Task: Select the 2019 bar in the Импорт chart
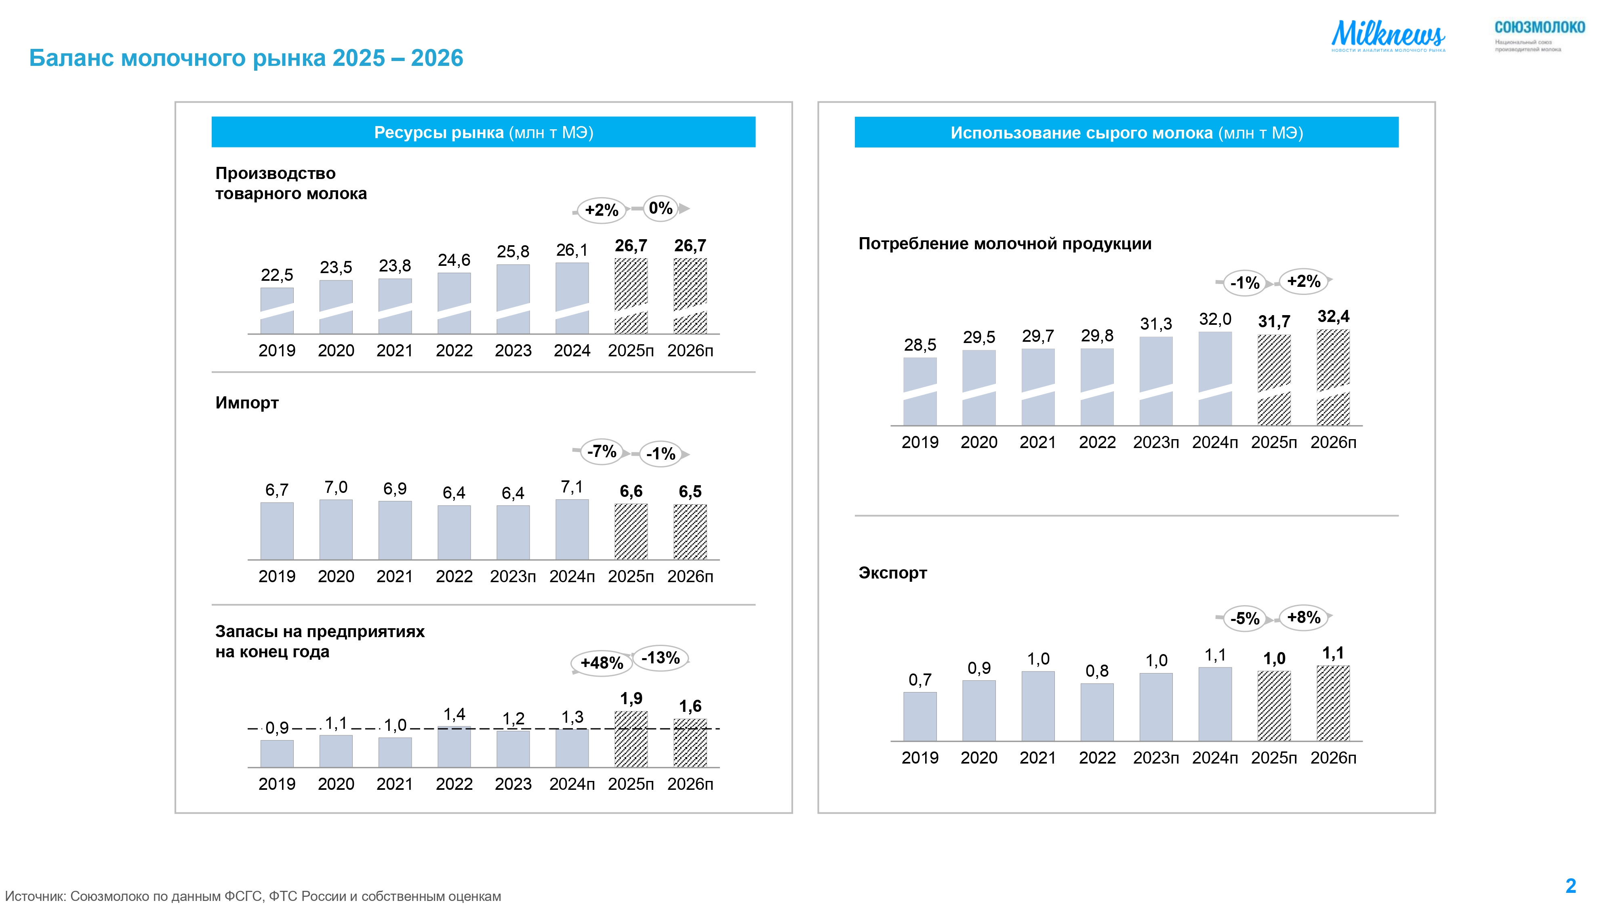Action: [277, 531]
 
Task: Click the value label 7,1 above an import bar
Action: [572, 487]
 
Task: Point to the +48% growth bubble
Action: [601, 663]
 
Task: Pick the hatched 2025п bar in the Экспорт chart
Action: [1274, 706]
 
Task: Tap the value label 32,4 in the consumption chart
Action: [1333, 316]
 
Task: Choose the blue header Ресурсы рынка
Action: [483, 133]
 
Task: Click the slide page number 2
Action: [1570, 886]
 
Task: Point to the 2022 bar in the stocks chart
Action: [454, 747]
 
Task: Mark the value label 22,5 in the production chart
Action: [277, 275]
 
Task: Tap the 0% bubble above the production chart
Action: [661, 208]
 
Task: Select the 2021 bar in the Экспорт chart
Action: [1037, 706]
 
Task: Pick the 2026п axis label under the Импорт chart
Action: [690, 577]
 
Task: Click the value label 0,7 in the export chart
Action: [920, 680]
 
